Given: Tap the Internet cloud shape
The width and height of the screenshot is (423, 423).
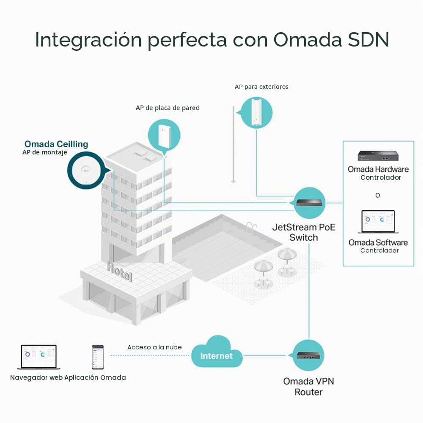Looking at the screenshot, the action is pyautogui.click(x=217, y=352).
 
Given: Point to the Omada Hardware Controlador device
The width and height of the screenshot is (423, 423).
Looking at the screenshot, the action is pyautogui.click(x=378, y=156).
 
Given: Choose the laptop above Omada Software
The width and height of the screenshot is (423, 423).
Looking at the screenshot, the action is pyautogui.click(x=378, y=222).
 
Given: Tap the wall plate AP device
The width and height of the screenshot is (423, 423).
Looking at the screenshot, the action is pyautogui.click(x=164, y=135).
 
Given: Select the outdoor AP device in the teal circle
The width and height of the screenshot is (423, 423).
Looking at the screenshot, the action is pyautogui.click(x=256, y=113).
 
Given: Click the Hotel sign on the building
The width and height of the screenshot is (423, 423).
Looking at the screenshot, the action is pyautogui.click(x=119, y=272).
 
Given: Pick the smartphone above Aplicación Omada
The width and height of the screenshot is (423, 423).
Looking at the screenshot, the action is pyautogui.click(x=98, y=357).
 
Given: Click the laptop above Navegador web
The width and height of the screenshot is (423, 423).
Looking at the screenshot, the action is pyautogui.click(x=39, y=357).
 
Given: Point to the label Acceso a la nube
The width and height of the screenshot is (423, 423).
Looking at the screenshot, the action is pyautogui.click(x=154, y=347).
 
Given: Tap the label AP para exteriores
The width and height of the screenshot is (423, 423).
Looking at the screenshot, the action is pyautogui.click(x=261, y=87).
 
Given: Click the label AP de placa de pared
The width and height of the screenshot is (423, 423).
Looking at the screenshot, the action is pyautogui.click(x=168, y=108).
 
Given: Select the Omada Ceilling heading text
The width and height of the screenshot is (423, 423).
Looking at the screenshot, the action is pyautogui.click(x=56, y=144).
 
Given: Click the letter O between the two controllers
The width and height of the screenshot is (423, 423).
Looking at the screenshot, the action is pyautogui.click(x=378, y=195).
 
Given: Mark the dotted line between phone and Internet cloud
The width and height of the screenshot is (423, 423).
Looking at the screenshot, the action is pyautogui.click(x=150, y=355).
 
